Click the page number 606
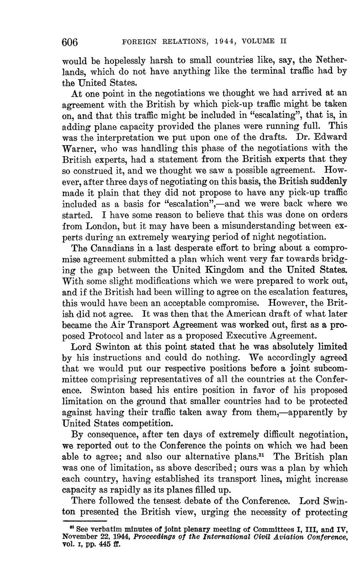click(x=70, y=42)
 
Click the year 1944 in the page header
click(x=215, y=42)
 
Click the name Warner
click(x=78, y=149)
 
